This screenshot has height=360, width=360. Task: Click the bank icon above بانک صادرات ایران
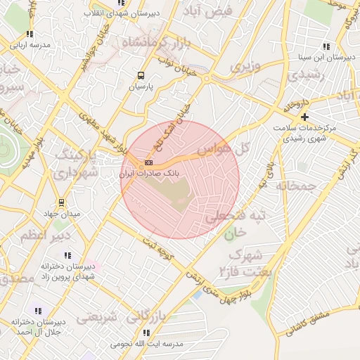click(x=147, y=162)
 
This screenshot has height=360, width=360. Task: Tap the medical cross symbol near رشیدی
click(x=304, y=117)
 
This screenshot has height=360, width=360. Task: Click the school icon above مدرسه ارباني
click(x=29, y=33)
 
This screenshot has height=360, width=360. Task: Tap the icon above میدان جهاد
click(x=60, y=202)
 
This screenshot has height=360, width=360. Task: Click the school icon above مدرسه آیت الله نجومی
click(x=146, y=333)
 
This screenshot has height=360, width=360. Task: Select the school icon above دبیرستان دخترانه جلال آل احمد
click(x=37, y=310)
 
